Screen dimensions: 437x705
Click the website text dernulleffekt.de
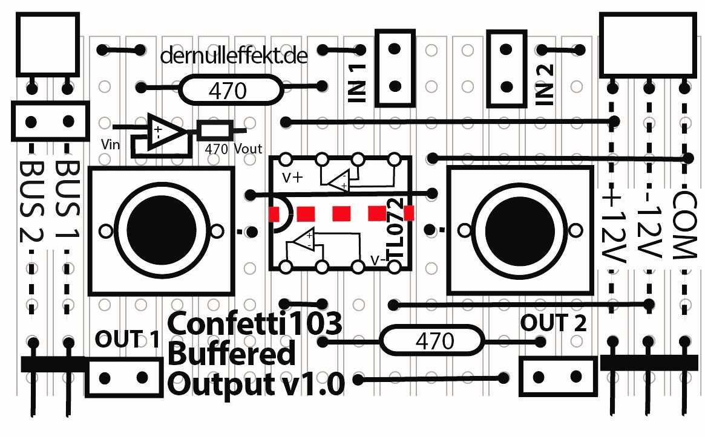point(234,57)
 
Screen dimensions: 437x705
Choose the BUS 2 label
point(30,199)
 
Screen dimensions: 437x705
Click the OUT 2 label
point(554,324)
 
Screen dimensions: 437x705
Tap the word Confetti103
point(255,324)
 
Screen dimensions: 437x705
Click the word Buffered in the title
point(232,354)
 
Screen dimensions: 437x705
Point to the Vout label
point(248,147)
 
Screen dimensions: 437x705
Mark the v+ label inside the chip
point(293,178)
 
